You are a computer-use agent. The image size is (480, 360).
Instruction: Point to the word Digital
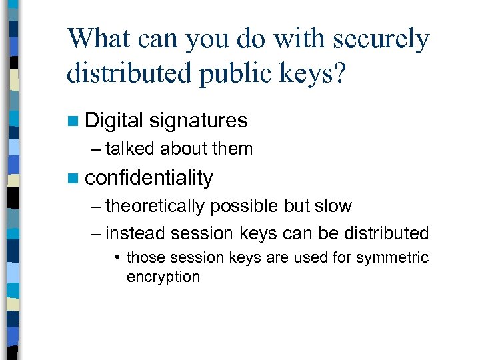pos(114,121)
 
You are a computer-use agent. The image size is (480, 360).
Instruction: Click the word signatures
pos(198,121)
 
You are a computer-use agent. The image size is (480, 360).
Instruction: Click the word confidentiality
pos(149,178)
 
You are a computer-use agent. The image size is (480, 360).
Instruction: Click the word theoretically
pos(155,206)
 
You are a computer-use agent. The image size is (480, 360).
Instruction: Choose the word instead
pos(136,233)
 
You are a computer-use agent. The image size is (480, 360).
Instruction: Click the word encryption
pos(163,277)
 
